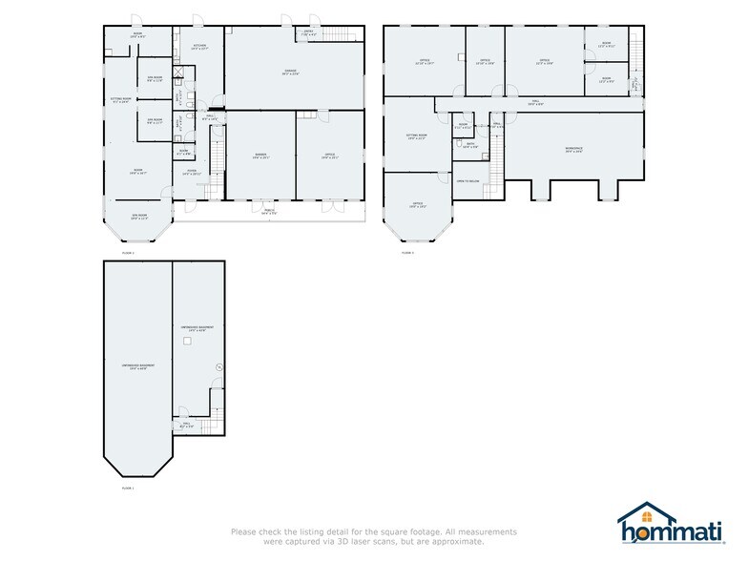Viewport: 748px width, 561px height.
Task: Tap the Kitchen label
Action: coord(199,47)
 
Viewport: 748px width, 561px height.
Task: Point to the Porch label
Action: coord(269,212)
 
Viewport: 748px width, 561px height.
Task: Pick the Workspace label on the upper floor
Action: coord(573,149)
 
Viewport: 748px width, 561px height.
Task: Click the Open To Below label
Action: coord(467,180)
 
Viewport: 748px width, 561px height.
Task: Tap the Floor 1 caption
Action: coord(127,488)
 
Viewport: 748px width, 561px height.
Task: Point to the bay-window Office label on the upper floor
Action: coord(417,204)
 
